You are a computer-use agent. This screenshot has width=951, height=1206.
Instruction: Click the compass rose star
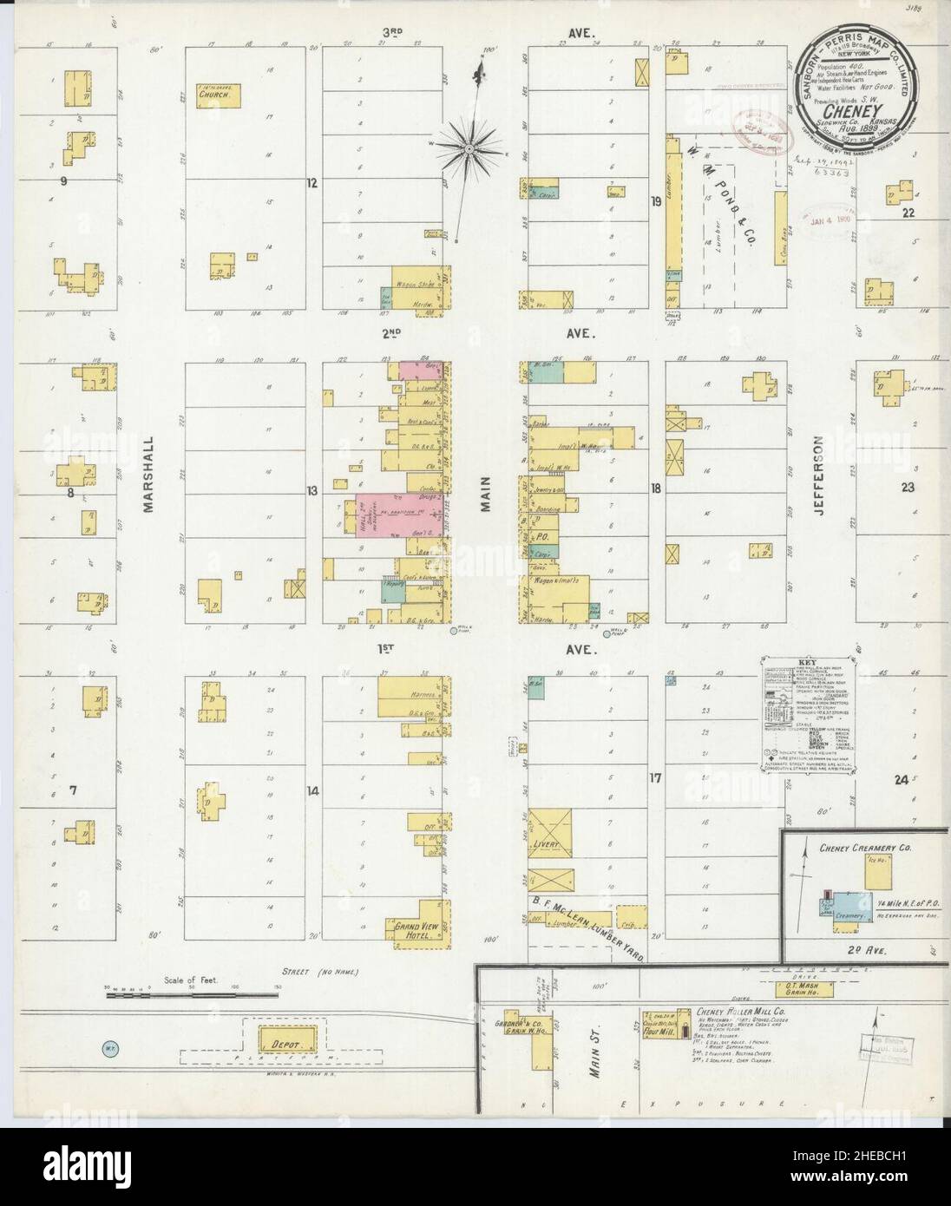(469, 148)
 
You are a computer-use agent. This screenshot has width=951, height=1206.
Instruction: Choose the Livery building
(549, 830)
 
